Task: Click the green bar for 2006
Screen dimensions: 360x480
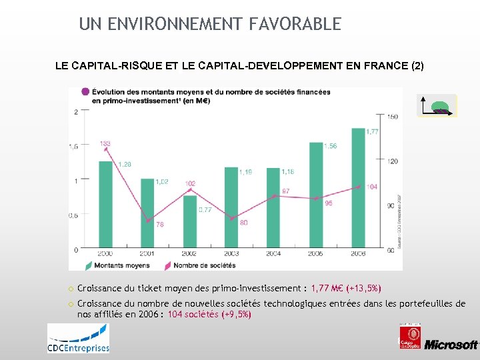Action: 359,187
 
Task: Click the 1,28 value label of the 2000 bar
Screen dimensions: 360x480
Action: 125,164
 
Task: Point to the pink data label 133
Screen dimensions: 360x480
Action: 105,143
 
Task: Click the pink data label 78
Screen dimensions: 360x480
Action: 160,225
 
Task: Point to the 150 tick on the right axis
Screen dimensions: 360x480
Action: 393,117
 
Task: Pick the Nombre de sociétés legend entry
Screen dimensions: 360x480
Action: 200,265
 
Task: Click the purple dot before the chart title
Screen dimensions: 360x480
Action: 85,92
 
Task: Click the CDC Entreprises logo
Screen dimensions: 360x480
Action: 78,338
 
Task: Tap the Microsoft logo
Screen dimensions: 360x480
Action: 451,344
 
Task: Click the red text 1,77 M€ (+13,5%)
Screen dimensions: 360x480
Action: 346,289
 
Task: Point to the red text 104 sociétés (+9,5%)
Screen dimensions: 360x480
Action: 209,314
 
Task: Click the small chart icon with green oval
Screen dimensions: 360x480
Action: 437,106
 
